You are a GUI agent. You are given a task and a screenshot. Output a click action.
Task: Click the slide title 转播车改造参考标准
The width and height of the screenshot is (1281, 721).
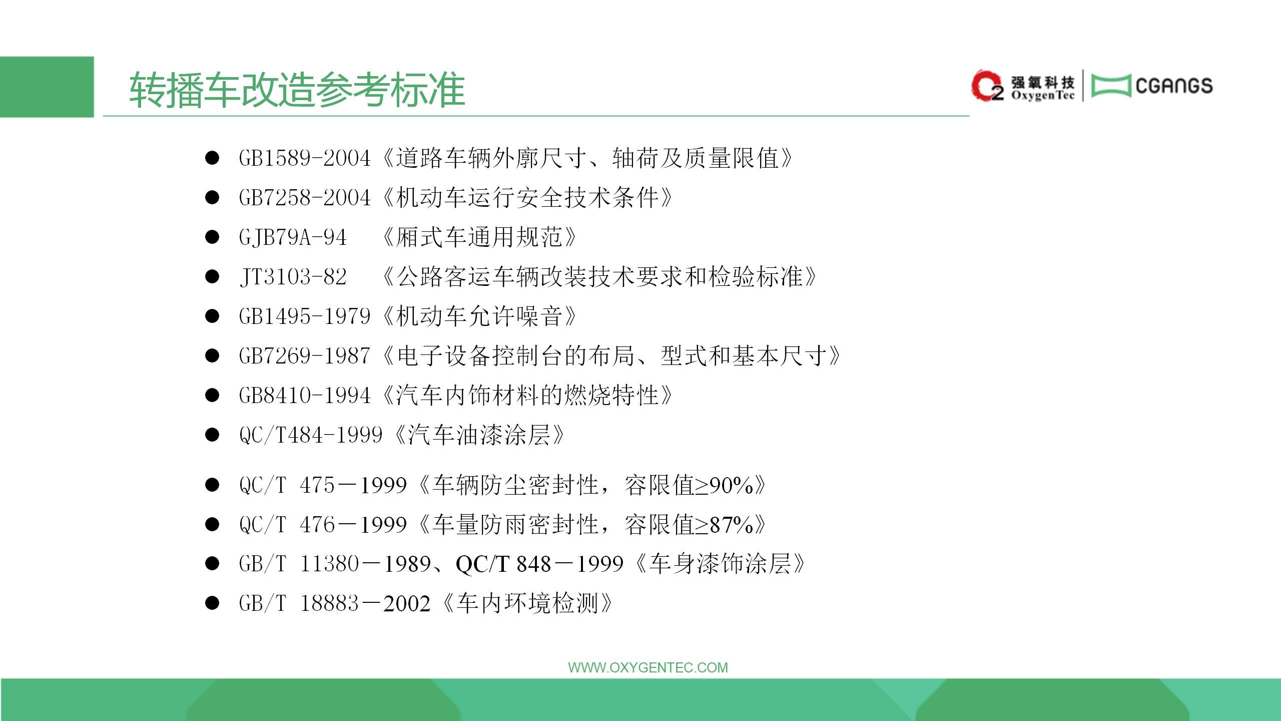[297, 90]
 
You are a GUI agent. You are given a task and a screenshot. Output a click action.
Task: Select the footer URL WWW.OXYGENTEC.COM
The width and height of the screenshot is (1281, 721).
[648, 667]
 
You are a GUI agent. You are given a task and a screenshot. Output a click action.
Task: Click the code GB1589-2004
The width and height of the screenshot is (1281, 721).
[305, 158]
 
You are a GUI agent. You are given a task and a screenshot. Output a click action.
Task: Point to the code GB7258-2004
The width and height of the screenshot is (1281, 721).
[305, 198]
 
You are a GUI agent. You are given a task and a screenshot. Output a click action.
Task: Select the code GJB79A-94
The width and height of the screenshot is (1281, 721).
[293, 237]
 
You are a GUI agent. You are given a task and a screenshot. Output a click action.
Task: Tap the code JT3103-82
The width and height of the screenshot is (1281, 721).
[293, 277]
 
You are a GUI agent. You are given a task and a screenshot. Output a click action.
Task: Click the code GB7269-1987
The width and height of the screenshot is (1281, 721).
[305, 356]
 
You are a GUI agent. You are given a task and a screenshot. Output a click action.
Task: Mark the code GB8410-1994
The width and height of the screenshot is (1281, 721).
[305, 396]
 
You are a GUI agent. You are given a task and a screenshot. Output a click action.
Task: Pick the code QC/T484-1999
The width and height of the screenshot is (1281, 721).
[311, 435]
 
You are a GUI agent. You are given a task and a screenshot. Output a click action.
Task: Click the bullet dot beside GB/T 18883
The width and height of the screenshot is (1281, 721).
[212, 603]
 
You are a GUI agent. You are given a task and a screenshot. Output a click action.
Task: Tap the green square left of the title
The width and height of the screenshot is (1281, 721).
[47, 87]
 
